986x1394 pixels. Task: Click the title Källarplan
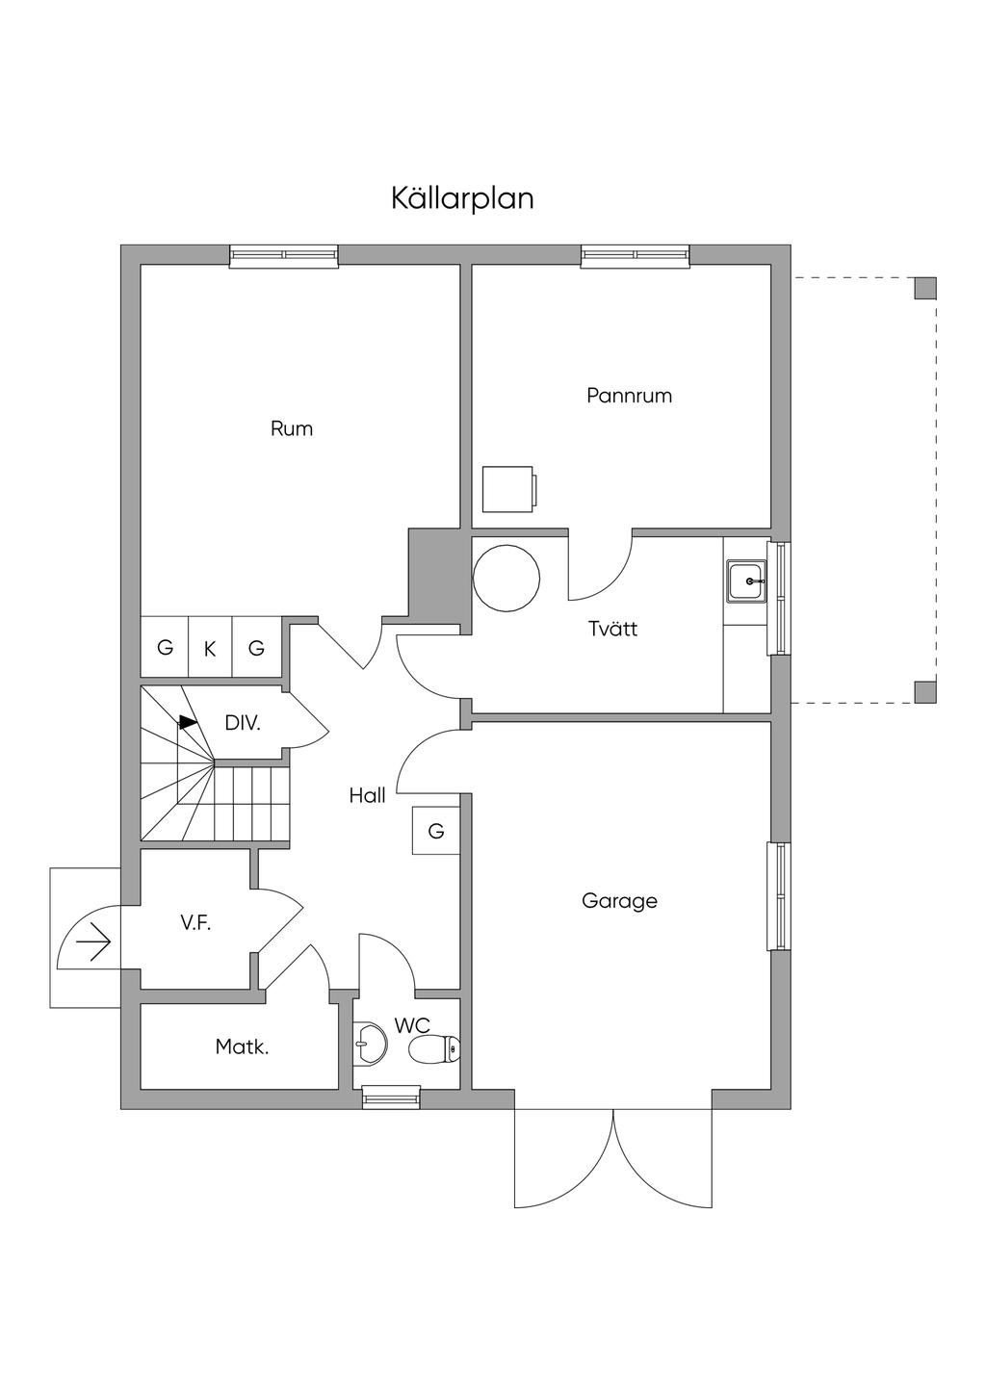pos(462,198)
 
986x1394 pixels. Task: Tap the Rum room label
pos(292,429)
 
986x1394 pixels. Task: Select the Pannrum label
pos(629,396)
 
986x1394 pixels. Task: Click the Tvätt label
pos(613,630)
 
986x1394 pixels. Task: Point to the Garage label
pos(619,901)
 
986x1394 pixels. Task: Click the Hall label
pos(367,796)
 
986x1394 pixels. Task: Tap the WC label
pos(411,1025)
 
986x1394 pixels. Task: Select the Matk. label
pos(242,1047)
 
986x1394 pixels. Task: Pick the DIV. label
pos(243,723)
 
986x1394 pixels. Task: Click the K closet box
pos(210,649)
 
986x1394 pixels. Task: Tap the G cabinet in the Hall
pos(436,831)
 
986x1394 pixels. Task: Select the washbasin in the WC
pos(370,1043)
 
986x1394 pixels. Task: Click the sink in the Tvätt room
pos(747,581)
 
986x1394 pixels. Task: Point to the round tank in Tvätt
pos(506,578)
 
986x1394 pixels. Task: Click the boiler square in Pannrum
pos(508,490)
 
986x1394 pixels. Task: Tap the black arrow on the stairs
pos(188,721)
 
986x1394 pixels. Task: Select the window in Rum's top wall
pos(284,255)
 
